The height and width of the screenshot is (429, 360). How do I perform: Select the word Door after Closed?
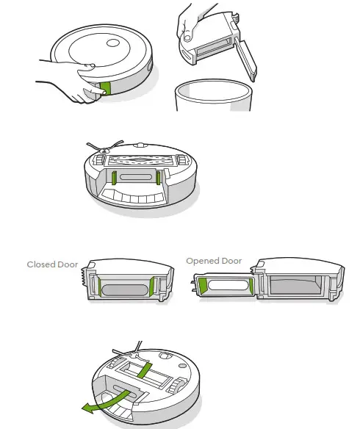click(x=68, y=264)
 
